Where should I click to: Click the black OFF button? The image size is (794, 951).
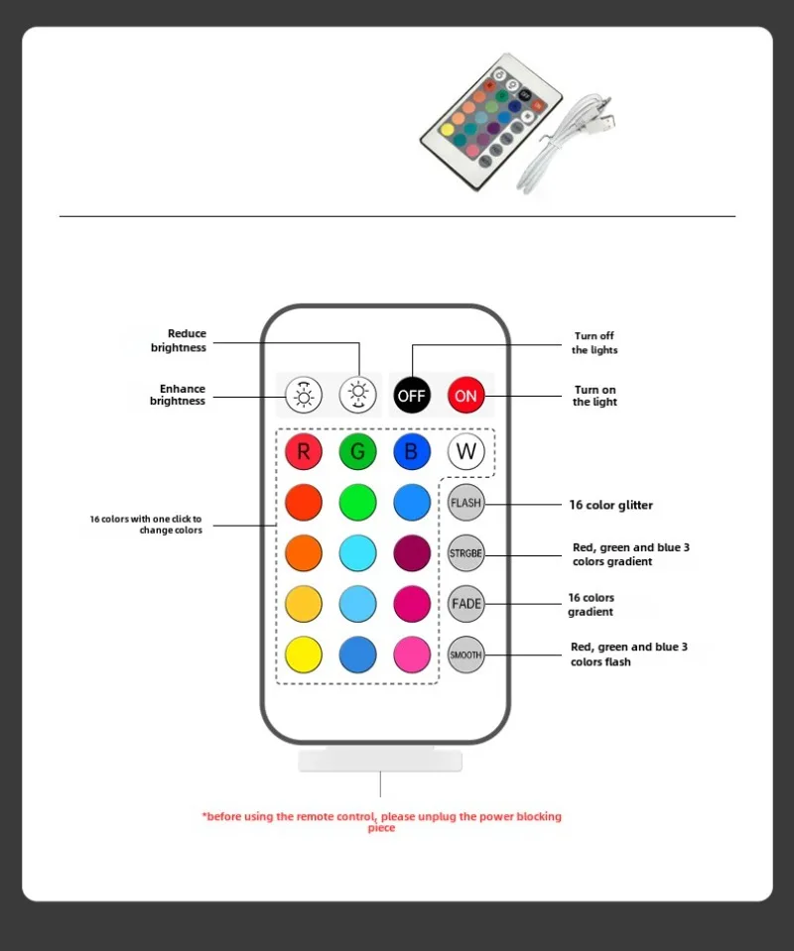pos(411,395)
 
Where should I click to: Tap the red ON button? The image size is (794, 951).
pos(465,395)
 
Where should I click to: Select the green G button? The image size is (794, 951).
pos(357,452)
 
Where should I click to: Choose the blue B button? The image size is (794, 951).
pos(411,452)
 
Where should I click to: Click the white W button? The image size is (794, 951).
pos(465,452)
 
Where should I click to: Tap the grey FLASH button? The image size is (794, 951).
pos(465,503)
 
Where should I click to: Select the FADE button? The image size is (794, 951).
pos(465,603)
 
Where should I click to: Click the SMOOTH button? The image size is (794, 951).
pos(465,654)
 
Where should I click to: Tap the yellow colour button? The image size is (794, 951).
pos(304,654)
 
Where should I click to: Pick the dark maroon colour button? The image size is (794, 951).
pos(411,553)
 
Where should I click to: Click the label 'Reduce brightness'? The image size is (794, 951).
pos(179,341)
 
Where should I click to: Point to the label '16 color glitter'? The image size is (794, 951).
pos(610,505)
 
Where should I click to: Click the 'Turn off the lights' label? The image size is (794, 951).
pos(595,343)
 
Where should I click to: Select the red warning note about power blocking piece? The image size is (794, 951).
pos(382,821)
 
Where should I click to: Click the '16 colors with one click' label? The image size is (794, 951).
pos(146,525)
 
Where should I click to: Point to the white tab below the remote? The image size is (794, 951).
pos(380,762)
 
